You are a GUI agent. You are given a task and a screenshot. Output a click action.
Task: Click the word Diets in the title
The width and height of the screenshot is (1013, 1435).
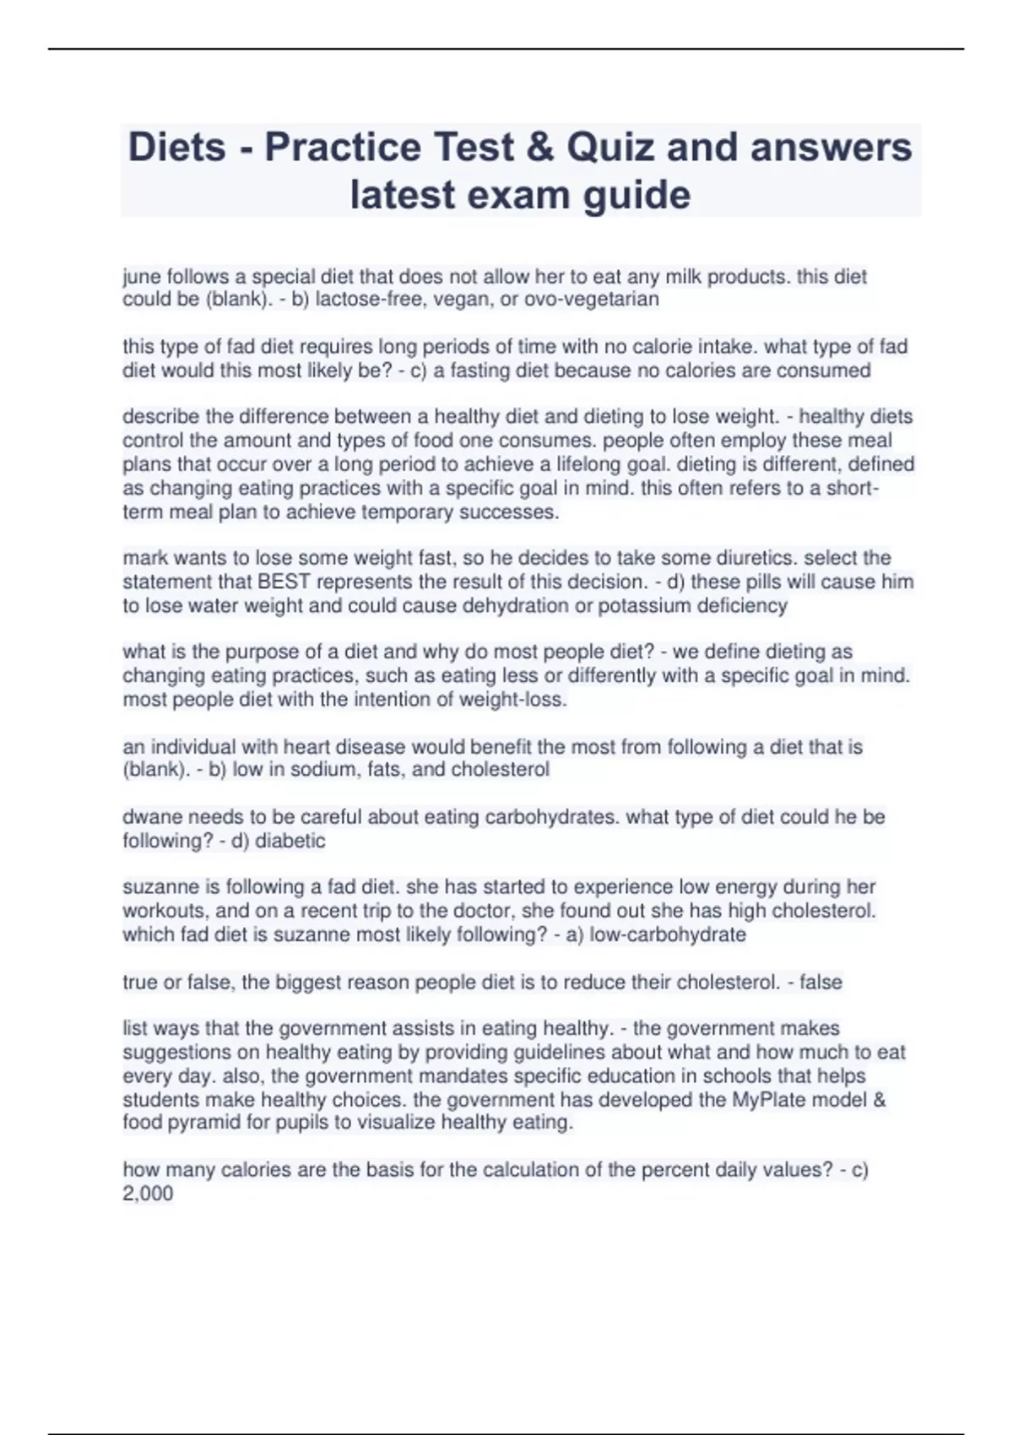176,148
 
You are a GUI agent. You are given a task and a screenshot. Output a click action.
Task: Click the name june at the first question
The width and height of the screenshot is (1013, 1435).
142,277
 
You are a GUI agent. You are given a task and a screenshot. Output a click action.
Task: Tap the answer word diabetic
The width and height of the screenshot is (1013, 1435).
290,841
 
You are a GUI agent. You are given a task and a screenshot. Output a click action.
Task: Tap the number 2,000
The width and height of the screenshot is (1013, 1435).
148,1194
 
